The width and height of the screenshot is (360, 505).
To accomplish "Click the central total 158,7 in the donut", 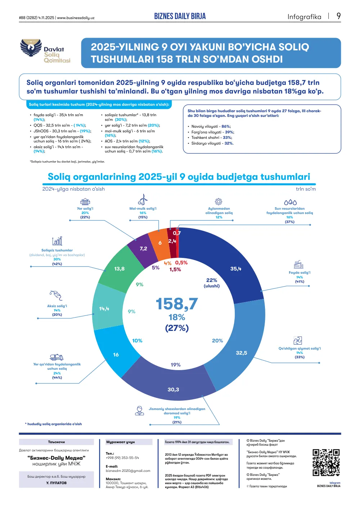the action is click(x=177, y=304).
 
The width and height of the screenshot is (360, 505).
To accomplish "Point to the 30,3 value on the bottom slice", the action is click(x=173, y=389).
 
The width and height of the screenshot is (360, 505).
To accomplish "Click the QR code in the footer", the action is click(x=326, y=463).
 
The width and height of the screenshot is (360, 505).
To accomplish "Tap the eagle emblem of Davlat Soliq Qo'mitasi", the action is click(x=31, y=47).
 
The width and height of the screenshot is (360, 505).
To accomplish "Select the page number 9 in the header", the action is click(x=338, y=16).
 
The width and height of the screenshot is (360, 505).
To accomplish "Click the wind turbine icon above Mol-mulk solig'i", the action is click(x=143, y=199).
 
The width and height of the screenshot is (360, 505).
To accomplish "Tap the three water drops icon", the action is click(x=290, y=202).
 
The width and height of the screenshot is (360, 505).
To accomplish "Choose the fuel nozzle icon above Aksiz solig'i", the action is click(x=56, y=295).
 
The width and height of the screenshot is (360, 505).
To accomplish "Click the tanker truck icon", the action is click(x=57, y=357).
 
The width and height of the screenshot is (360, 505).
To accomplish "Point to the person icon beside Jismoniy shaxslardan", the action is click(x=139, y=411).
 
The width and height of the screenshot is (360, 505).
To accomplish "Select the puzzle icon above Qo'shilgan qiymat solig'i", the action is click(x=298, y=340).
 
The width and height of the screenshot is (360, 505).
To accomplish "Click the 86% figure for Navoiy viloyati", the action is click(x=226, y=127).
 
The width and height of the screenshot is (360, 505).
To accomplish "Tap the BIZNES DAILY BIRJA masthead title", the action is click(x=180, y=16).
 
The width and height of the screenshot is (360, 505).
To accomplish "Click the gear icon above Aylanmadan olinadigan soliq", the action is click(x=219, y=201).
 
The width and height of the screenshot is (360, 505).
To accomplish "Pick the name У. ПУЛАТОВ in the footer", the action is click(x=57, y=483).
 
